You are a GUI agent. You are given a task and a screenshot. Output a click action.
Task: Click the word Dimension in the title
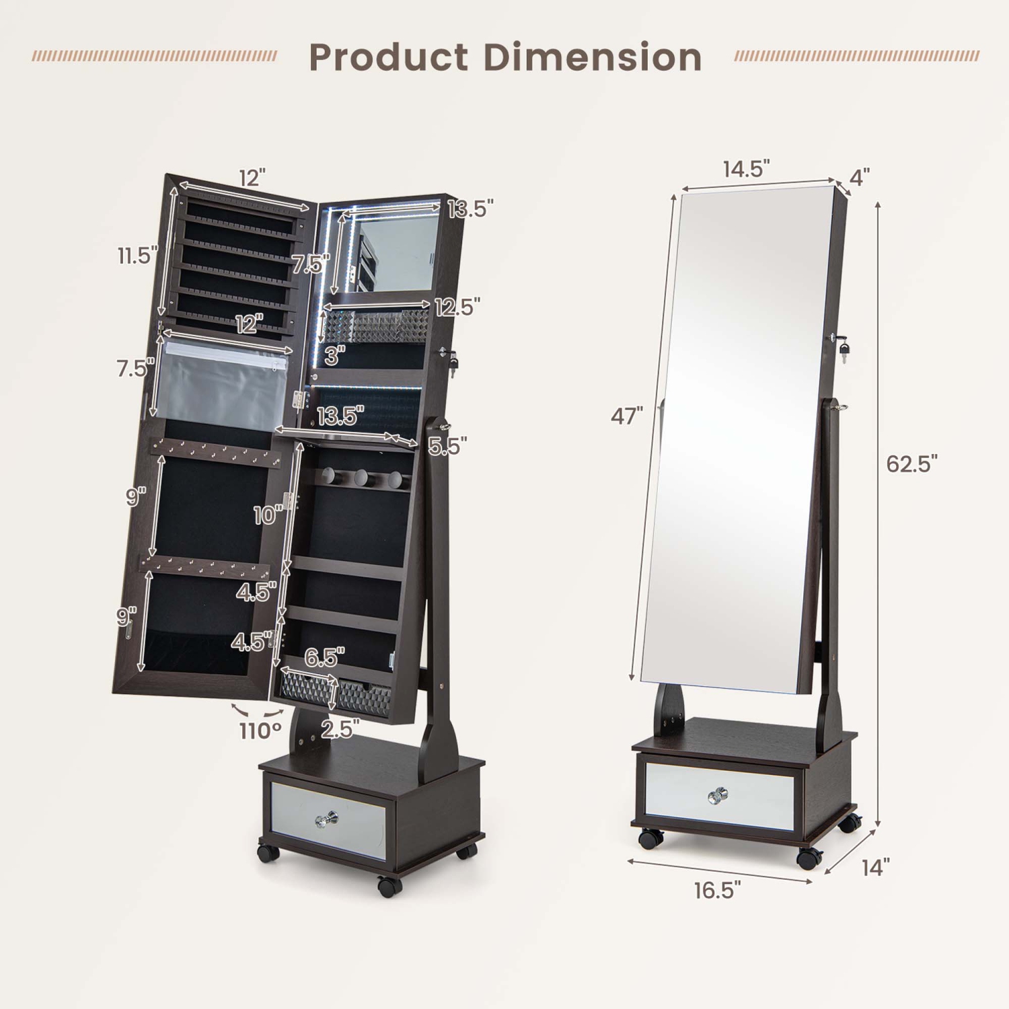[593, 57]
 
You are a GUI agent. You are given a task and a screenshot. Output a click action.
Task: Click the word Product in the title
[388, 57]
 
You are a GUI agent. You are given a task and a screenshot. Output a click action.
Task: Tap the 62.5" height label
[911, 463]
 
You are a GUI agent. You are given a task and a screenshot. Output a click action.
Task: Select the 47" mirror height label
[626, 416]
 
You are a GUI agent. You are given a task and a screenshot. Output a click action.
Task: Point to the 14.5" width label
[746, 169]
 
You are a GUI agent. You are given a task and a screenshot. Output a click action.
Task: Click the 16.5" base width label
[717, 890]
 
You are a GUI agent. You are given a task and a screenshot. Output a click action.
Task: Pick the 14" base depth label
[875, 868]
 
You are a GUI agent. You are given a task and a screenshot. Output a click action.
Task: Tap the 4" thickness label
[859, 178]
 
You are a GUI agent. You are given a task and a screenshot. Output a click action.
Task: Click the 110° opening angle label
[260, 731]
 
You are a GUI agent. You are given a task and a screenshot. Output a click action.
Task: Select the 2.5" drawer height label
[340, 728]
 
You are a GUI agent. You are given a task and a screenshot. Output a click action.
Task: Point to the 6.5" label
[324, 657]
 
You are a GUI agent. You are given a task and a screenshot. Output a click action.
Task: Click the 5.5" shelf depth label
[447, 445]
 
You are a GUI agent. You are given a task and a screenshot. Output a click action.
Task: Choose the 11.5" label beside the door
[137, 256]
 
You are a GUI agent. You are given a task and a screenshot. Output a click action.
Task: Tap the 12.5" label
[457, 307]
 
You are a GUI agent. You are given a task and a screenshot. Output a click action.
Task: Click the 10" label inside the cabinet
[268, 515]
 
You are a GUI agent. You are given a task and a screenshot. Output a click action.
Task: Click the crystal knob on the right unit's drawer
[718, 796]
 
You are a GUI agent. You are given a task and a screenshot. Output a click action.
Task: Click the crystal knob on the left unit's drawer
[326, 819]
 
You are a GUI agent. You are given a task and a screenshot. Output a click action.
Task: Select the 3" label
[334, 355]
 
